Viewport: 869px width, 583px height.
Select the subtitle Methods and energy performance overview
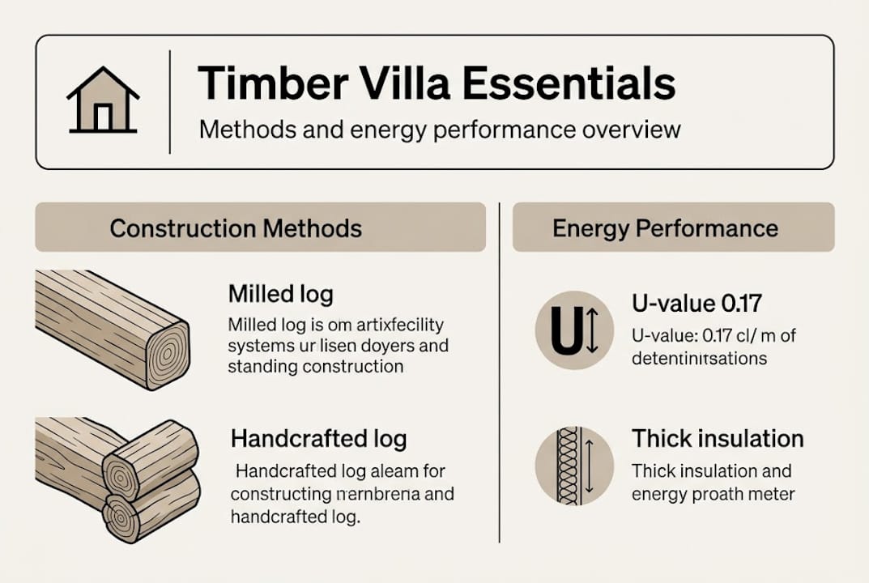pos(440,130)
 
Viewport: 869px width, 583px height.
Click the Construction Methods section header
pos(236,228)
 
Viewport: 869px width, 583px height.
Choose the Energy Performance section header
pos(665,228)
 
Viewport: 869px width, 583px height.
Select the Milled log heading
pos(280,293)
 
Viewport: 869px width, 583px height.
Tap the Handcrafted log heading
pos(318,440)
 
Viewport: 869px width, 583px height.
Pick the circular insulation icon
pos(573,466)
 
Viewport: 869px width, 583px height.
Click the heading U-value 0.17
pos(696,304)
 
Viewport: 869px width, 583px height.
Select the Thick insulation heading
pos(718,439)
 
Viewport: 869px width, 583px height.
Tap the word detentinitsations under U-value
pos(699,357)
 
